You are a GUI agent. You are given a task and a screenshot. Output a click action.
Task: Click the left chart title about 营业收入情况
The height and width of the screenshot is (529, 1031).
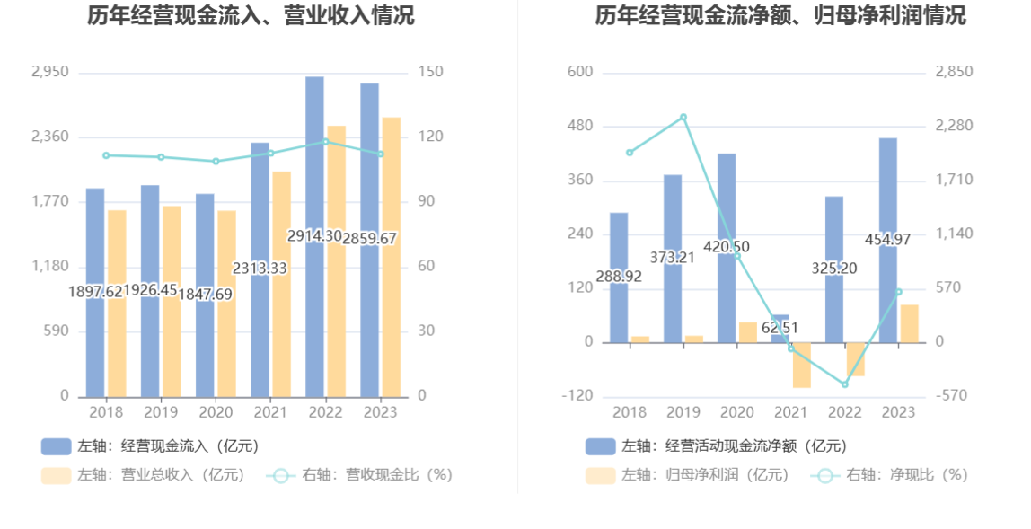251,15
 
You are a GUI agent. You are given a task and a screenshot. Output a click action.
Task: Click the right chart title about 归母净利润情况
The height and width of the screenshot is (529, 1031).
780,15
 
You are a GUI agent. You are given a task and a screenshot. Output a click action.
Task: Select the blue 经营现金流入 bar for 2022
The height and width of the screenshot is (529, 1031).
314,180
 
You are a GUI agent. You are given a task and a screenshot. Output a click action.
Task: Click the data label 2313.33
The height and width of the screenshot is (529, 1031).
260,269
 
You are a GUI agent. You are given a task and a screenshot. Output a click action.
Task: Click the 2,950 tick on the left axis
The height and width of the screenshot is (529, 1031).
49,72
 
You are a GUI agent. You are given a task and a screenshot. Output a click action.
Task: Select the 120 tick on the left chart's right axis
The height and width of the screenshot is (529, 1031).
430,137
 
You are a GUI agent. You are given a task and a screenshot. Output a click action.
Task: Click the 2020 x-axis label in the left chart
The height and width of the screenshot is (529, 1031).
215,412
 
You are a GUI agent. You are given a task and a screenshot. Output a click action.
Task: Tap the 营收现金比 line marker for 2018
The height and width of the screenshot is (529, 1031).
106,155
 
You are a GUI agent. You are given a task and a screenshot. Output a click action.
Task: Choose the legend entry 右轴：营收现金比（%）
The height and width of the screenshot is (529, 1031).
359,475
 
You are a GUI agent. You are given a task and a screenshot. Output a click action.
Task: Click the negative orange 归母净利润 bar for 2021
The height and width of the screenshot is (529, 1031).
801,366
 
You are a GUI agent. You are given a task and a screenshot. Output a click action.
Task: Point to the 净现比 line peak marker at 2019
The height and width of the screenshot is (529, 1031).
683,118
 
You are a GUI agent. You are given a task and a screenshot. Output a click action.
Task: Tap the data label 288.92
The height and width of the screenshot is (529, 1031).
619,277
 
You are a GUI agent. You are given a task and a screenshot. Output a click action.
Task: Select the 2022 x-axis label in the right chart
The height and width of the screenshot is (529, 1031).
845,412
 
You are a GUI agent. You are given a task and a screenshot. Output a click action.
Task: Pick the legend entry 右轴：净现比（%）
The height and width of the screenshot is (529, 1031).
889,475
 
